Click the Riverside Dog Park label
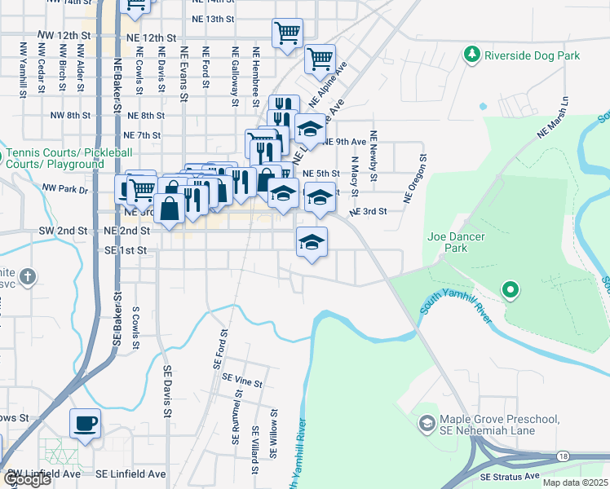532,56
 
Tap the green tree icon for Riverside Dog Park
471,55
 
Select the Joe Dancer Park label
457,242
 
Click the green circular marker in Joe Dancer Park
511,289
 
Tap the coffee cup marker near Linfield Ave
85,424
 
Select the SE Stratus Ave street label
511,476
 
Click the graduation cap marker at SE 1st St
311,242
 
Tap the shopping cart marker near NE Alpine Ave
320,59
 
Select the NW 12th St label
63,37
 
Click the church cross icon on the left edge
28,276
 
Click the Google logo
26,479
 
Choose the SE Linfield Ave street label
130,474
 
